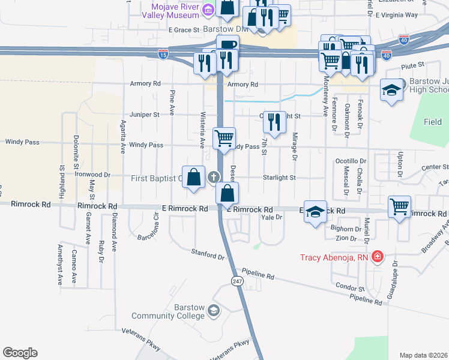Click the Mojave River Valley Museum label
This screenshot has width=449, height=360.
click(170, 10)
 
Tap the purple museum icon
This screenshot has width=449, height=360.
click(208, 9)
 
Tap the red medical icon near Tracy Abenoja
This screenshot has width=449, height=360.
click(377, 257)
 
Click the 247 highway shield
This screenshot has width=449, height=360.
click(238, 281)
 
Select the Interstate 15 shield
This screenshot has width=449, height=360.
click(163, 55)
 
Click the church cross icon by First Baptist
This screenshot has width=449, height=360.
click(213, 178)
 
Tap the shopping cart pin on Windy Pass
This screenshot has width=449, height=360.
click(224, 138)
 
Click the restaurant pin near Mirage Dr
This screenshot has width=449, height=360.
click(274, 122)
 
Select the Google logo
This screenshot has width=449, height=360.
click(20, 353)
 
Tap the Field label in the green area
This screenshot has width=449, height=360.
click(432, 122)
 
